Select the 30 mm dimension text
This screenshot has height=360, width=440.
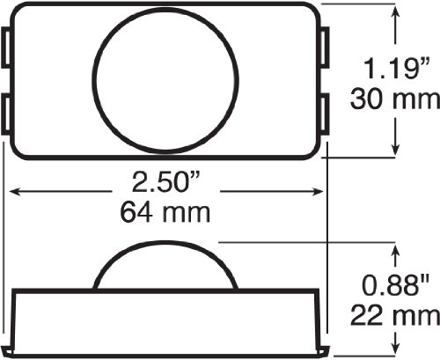tap(395, 99)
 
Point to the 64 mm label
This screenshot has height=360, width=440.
tap(165, 212)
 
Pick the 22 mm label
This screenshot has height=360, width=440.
tap(395, 316)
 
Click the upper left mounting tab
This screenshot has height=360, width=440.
tap(6, 48)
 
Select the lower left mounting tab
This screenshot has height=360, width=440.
tap(6, 114)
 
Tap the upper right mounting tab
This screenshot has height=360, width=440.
tap(325, 48)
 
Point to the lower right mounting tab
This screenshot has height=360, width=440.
tap(325, 114)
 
